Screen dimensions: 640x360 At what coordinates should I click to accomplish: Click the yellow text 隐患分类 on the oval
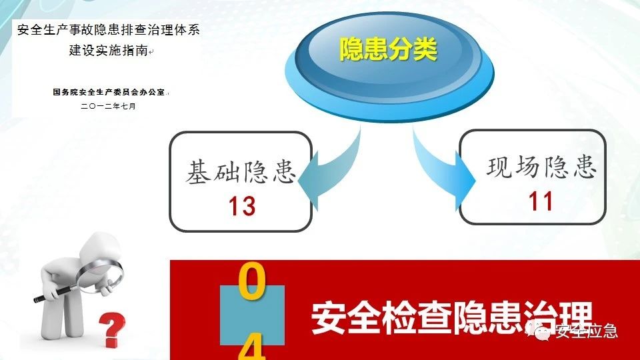coord(388,49)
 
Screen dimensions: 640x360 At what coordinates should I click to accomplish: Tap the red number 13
coord(242,206)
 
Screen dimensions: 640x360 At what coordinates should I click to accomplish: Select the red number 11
coord(541,201)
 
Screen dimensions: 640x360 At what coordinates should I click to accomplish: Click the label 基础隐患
coord(241,171)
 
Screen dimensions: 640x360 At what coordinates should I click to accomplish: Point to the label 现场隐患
coord(541,167)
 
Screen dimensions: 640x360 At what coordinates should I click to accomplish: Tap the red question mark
coord(111,329)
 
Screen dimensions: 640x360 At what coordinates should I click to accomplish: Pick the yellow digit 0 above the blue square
coord(251,281)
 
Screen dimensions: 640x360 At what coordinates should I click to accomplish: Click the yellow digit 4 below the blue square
coord(252,347)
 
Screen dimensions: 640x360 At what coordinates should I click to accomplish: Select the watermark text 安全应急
coord(586,330)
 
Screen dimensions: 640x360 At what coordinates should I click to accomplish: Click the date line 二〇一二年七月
coord(108,106)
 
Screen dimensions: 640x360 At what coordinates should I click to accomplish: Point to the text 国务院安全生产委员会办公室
coord(109,92)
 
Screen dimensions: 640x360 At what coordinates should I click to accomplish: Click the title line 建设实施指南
coord(108,50)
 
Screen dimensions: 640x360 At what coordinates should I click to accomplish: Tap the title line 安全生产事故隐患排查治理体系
coord(108,29)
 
